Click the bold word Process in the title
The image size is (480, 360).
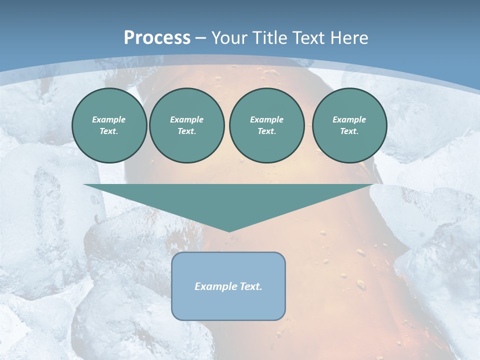[x=157, y=37]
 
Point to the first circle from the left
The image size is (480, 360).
[x=109, y=125]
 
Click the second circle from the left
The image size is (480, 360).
[x=187, y=125]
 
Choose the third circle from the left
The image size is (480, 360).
[x=266, y=125]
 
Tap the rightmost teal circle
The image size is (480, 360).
[x=349, y=125]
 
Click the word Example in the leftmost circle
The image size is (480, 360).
[x=109, y=119]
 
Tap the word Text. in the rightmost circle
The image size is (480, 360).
[x=349, y=131]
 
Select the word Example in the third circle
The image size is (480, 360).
[x=266, y=119]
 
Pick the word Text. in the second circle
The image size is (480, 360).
[x=187, y=131]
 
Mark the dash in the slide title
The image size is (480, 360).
[x=201, y=38]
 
